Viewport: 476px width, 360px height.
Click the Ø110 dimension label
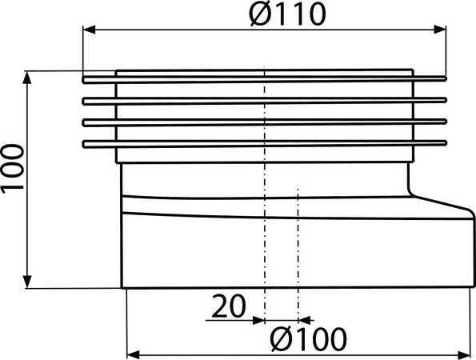287,14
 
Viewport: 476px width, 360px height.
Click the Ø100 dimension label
308,338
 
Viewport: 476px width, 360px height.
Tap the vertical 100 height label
13,168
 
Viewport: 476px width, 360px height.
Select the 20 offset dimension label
229,306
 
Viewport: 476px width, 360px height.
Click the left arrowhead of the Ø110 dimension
90,30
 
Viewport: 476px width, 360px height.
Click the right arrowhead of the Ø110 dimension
440,30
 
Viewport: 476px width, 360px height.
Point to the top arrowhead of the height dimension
27,77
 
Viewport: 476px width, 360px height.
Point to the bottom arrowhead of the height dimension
27,282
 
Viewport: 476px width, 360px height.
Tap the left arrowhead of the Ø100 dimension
133,354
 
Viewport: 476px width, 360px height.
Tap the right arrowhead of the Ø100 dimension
464,354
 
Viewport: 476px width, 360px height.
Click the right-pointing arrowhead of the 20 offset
258,320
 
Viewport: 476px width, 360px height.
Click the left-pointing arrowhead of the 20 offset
305,320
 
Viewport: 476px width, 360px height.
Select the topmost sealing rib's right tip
446,79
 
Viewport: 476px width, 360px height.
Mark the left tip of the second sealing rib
83,101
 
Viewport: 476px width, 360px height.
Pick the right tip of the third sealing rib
446,122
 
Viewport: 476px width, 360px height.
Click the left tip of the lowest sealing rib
83,144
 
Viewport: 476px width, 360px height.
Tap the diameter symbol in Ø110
260,15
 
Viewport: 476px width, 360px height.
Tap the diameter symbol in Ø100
281,339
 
